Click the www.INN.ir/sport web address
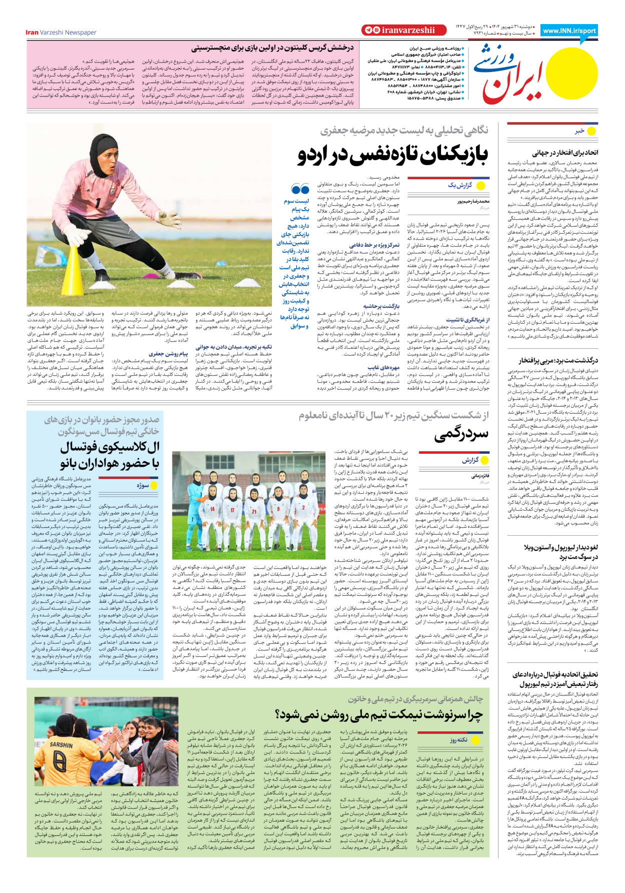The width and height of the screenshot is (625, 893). click(x=569, y=31)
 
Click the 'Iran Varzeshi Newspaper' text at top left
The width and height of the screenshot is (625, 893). click(x=61, y=33)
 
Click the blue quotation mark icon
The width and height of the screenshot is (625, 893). click(x=300, y=189)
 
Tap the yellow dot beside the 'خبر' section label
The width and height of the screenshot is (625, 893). click(x=591, y=131)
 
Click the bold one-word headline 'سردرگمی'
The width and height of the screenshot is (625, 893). click(x=461, y=435)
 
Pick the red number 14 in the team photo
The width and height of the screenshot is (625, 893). click(x=212, y=509)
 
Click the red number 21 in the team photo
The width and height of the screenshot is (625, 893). click(x=253, y=511)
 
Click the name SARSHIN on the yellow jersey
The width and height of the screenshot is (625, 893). click(x=61, y=745)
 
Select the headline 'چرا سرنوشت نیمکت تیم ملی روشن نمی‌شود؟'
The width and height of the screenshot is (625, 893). click(x=379, y=715)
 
